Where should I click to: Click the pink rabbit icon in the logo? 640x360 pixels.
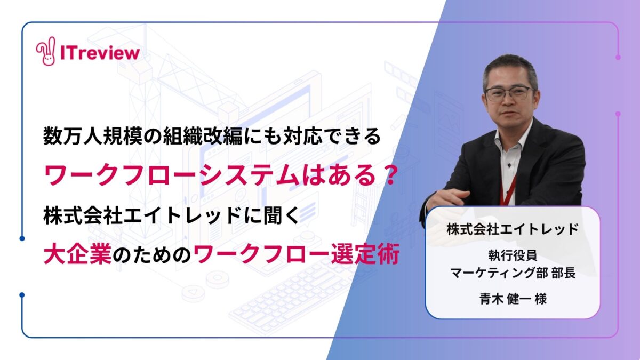pyautogui.click(x=45, y=51)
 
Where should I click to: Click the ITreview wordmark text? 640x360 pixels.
pyautogui.click(x=100, y=53)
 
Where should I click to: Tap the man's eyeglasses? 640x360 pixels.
pyautogui.click(x=509, y=94)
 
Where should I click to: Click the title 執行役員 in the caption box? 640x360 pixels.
pyautogui.click(x=513, y=255)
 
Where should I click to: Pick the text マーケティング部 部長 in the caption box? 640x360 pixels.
pyautogui.click(x=513, y=273)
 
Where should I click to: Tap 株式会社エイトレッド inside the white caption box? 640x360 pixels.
pyautogui.click(x=513, y=229)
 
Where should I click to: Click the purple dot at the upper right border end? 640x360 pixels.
pyautogui.click(x=618, y=57)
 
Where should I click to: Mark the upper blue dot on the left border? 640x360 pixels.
pyautogui.click(x=22, y=238)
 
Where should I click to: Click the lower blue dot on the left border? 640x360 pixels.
pyautogui.click(x=22, y=295)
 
